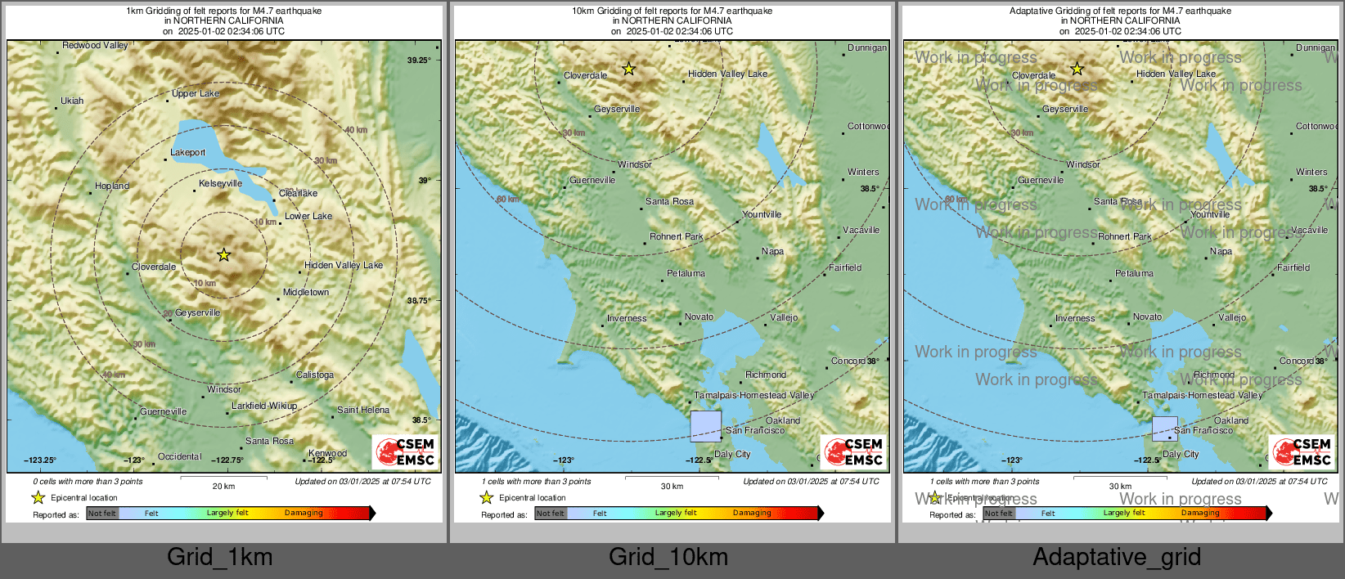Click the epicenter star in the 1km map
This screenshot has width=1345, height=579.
(223, 255)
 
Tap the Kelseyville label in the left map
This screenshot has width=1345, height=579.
(221, 184)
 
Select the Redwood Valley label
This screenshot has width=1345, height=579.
(95, 46)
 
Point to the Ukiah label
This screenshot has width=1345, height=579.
(72, 101)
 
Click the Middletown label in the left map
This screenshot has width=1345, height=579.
(306, 293)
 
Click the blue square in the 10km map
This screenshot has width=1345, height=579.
(706, 426)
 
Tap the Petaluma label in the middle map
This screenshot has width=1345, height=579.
(686, 274)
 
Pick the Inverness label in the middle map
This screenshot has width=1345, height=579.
(627, 319)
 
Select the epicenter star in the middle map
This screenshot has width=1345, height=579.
(628, 70)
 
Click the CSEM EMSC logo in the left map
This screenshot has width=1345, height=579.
(407, 451)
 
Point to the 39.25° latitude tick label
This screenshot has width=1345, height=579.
(419, 61)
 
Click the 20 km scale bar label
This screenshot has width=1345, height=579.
(223, 487)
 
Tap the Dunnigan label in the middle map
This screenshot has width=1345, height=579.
(866, 48)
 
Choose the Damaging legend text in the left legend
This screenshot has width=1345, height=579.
(304, 514)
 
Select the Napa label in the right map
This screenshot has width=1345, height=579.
(1221, 252)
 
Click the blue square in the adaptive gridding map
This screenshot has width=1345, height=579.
(1165, 429)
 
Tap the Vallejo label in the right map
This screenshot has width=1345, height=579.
(1232, 318)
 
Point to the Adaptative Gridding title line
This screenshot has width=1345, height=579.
(1120, 11)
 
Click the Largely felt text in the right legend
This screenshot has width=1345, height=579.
(1124, 514)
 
